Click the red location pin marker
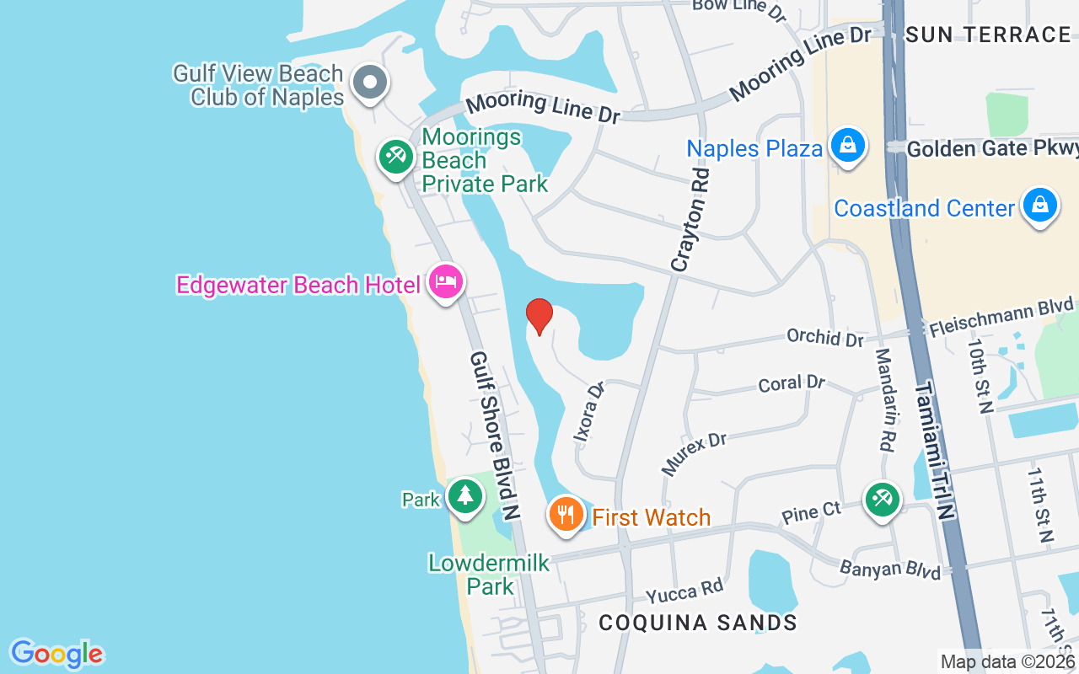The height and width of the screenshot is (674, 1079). [x=539, y=316]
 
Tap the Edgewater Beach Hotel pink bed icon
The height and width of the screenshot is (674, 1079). [x=445, y=281]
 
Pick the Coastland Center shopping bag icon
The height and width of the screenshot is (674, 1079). [x=1040, y=205]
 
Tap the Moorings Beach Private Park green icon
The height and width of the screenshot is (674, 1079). [x=395, y=156]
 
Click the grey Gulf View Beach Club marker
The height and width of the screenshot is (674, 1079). [x=369, y=83]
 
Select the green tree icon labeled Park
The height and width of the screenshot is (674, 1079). [x=464, y=495]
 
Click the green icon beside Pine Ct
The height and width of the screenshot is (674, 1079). [x=882, y=499]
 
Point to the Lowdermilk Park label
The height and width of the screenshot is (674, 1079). [x=489, y=574]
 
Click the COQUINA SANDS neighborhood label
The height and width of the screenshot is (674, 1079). [x=698, y=623]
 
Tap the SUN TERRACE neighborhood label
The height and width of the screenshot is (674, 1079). [x=988, y=35]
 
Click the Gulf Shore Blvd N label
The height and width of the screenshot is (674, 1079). [x=494, y=434]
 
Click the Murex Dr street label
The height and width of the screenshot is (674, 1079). [x=694, y=452]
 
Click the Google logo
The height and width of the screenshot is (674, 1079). [x=56, y=654]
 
